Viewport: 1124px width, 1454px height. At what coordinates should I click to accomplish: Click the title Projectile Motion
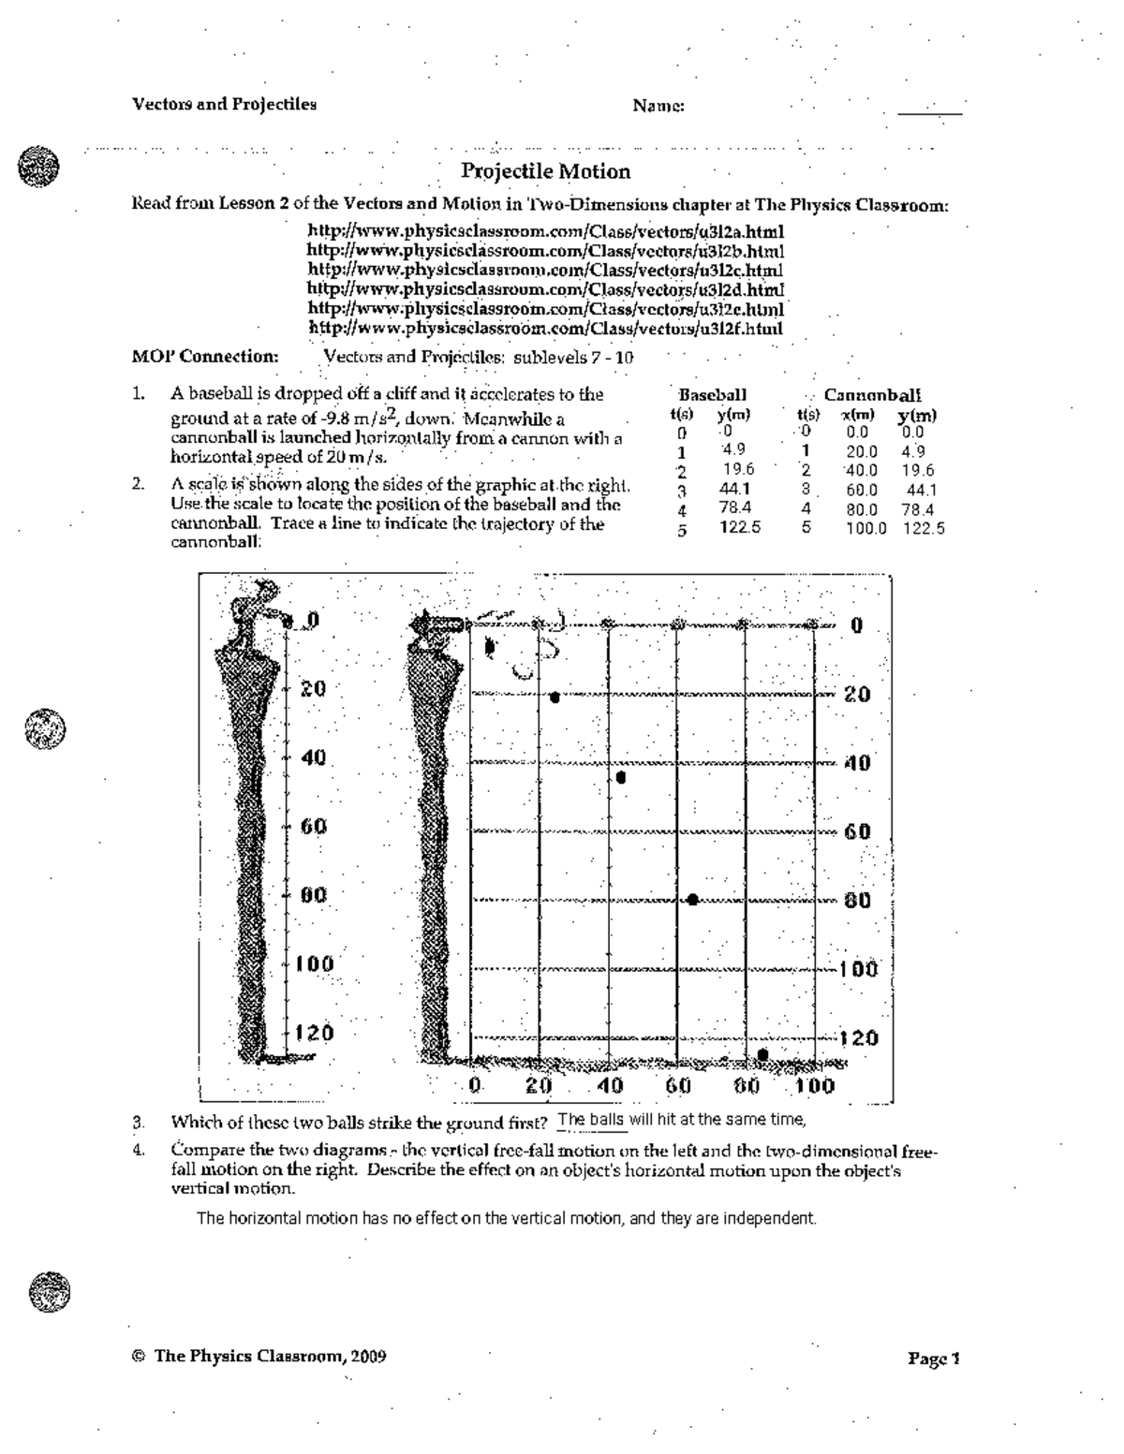tap(546, 171)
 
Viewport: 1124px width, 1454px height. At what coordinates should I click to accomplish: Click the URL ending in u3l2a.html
tap(546, 231)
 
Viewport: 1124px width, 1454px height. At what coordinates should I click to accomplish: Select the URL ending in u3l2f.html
tap(545, 329)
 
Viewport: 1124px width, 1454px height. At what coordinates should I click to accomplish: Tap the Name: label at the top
tap(658, 107)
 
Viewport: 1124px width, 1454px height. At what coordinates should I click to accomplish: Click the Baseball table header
tap(712, 395)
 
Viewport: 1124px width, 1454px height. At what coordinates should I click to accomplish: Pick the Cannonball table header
tap(872, 396)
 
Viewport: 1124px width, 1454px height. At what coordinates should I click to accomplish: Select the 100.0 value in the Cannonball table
tap(865, 529)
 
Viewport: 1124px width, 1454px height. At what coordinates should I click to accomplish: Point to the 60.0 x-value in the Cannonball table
tap(861, 491)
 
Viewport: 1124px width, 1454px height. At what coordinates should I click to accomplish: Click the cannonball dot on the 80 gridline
tap(692, 900)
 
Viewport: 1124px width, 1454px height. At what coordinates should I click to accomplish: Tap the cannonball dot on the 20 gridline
tap(555, 697)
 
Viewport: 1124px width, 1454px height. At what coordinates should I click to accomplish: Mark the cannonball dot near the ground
tap(762, 1054)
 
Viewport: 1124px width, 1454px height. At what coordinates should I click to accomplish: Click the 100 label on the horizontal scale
tap(815, 1086)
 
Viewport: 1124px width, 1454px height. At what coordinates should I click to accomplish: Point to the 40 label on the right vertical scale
tap(858, 763)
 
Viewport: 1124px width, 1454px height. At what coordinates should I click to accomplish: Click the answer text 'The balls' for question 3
tap(590, 1120)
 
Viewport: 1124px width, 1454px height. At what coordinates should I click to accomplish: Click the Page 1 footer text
tap(934, 1359)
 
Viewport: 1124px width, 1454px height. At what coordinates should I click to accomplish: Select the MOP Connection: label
tap(205, 357)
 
